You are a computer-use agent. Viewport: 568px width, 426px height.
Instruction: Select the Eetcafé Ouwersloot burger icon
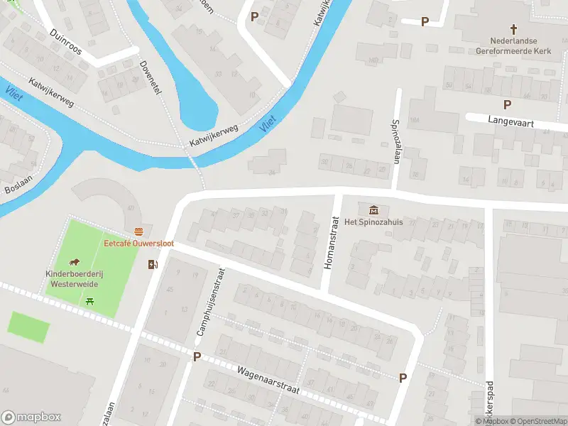(x=139, y=231)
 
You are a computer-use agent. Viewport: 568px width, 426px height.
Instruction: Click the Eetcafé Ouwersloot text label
(x=139, y=244)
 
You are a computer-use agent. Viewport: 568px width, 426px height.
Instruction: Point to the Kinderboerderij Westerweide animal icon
(x=74, y=261)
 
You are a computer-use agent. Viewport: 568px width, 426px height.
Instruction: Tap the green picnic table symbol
(x=90, y=302)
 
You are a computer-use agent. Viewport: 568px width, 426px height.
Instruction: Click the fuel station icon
(x=152, y=265)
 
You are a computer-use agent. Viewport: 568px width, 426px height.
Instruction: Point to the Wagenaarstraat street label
(x=268, y=381)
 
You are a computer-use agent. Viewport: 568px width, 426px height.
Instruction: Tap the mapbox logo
(x=31, y=417)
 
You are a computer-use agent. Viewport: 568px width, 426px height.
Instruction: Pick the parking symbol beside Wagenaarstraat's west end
(x=197, y=356)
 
